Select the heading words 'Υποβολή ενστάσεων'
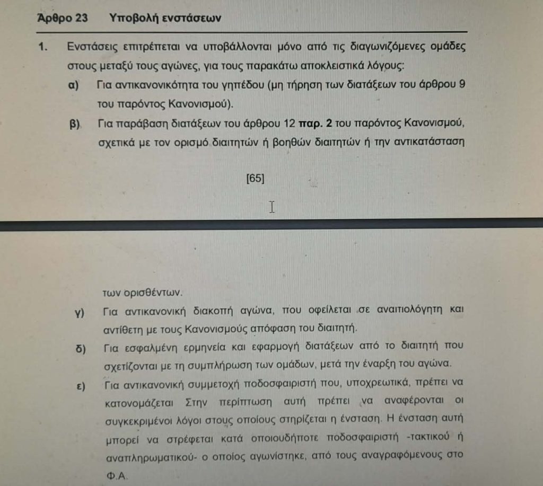point(165,18)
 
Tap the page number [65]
point(255,179)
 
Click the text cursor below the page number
point(272,207)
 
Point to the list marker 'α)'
point(75,85)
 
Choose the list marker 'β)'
point(75,125)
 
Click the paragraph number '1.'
point(43,47)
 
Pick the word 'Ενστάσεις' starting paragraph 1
point(89,47)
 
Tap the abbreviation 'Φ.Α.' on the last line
point(116,476)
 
